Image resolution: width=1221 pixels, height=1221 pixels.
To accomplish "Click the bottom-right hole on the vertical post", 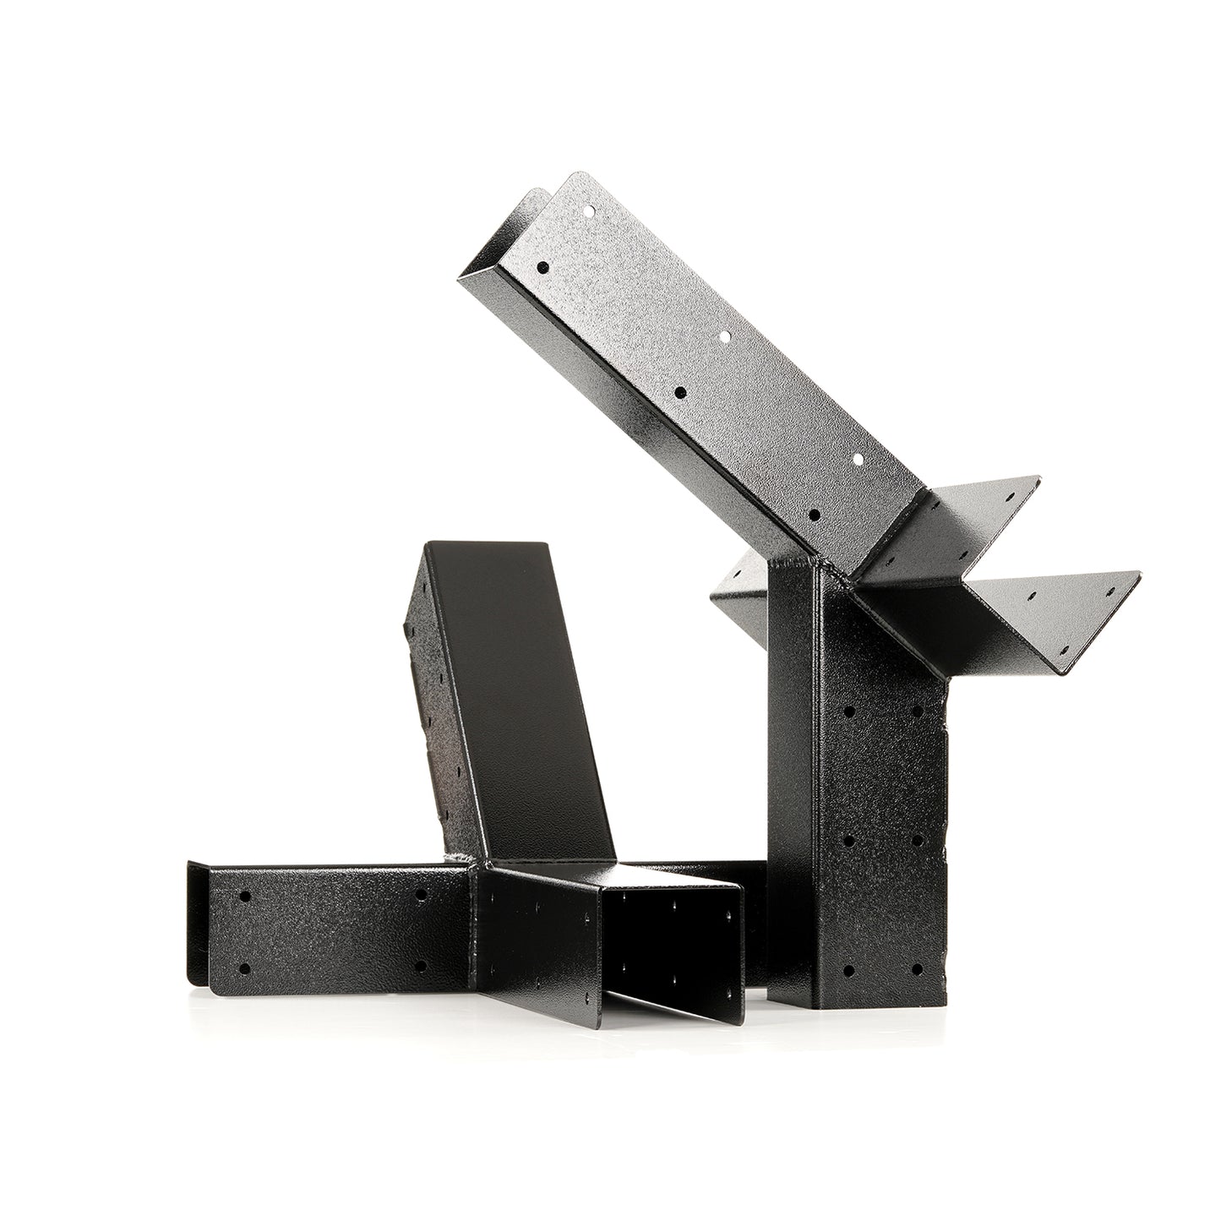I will [x=917, y=968].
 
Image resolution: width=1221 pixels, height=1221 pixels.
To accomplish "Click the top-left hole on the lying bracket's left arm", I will [x=245, y=896].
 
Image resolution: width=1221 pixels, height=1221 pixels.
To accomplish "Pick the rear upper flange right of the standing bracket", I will [x=989, y=499].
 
